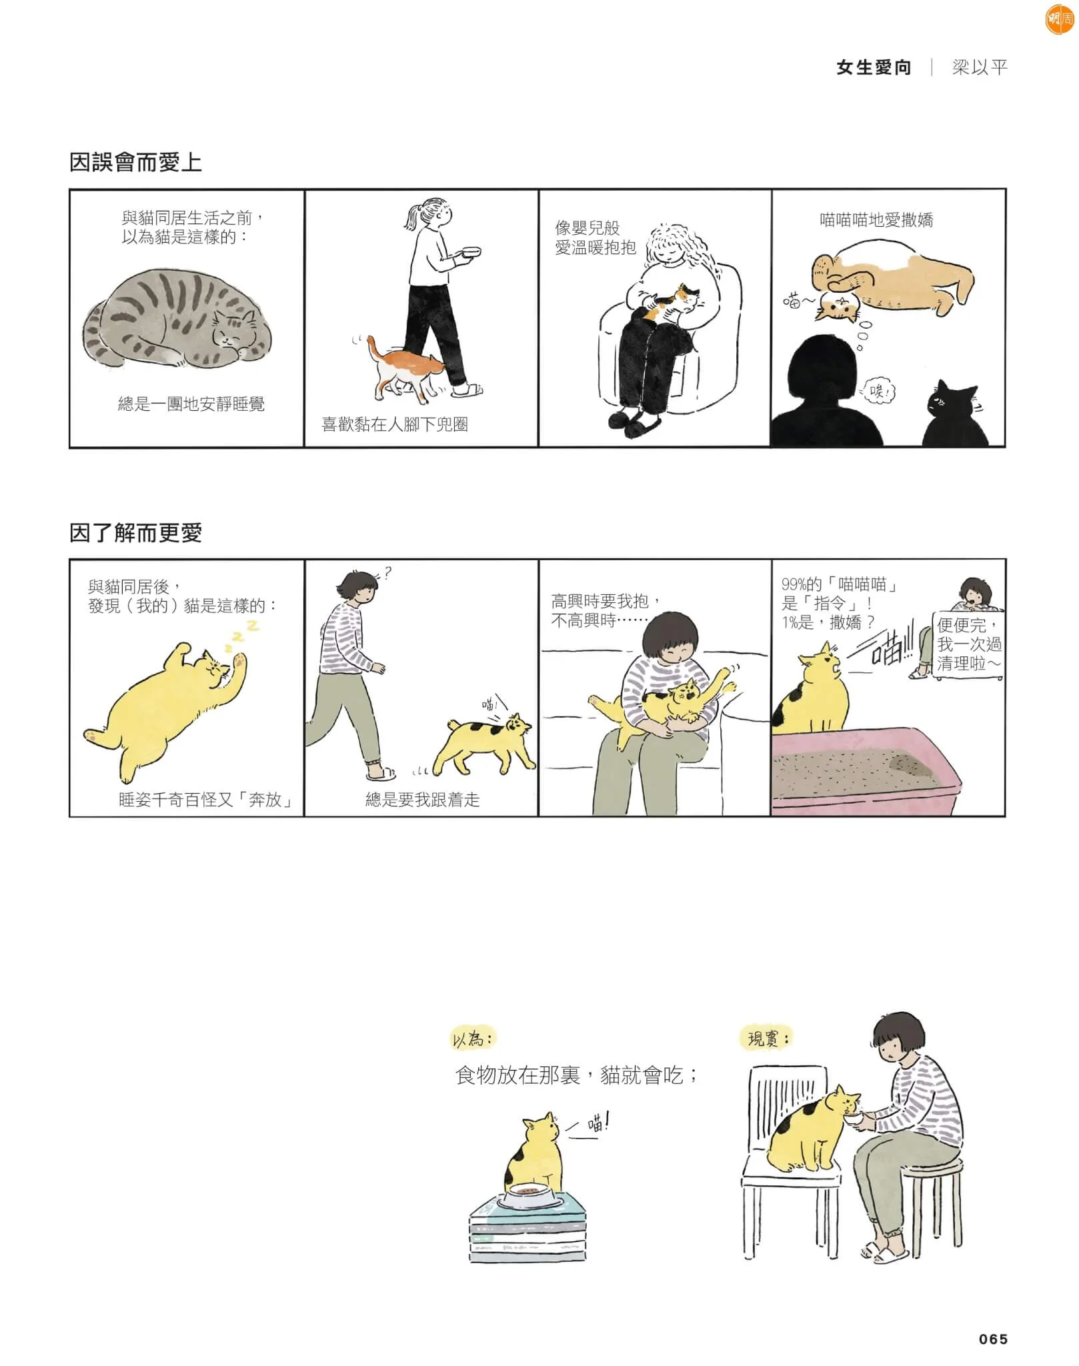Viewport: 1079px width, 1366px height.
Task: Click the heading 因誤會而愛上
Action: [135, 162]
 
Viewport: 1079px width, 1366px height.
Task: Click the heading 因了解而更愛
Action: [135, 532]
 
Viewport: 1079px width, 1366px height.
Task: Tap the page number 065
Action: [993, 1339]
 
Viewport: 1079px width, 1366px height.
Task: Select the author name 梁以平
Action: [979, 67]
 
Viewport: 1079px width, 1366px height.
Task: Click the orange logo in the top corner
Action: [1059, 19]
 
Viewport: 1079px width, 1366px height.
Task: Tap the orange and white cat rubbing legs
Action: [404, 371]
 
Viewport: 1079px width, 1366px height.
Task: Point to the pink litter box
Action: [866, 772]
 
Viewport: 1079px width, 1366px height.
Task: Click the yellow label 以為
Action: [473, 1039]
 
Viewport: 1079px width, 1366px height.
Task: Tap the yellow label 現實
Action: [767, 1039]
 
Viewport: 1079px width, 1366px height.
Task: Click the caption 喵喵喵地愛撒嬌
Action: [876, 220]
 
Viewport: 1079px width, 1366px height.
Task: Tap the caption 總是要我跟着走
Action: [422, 800]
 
